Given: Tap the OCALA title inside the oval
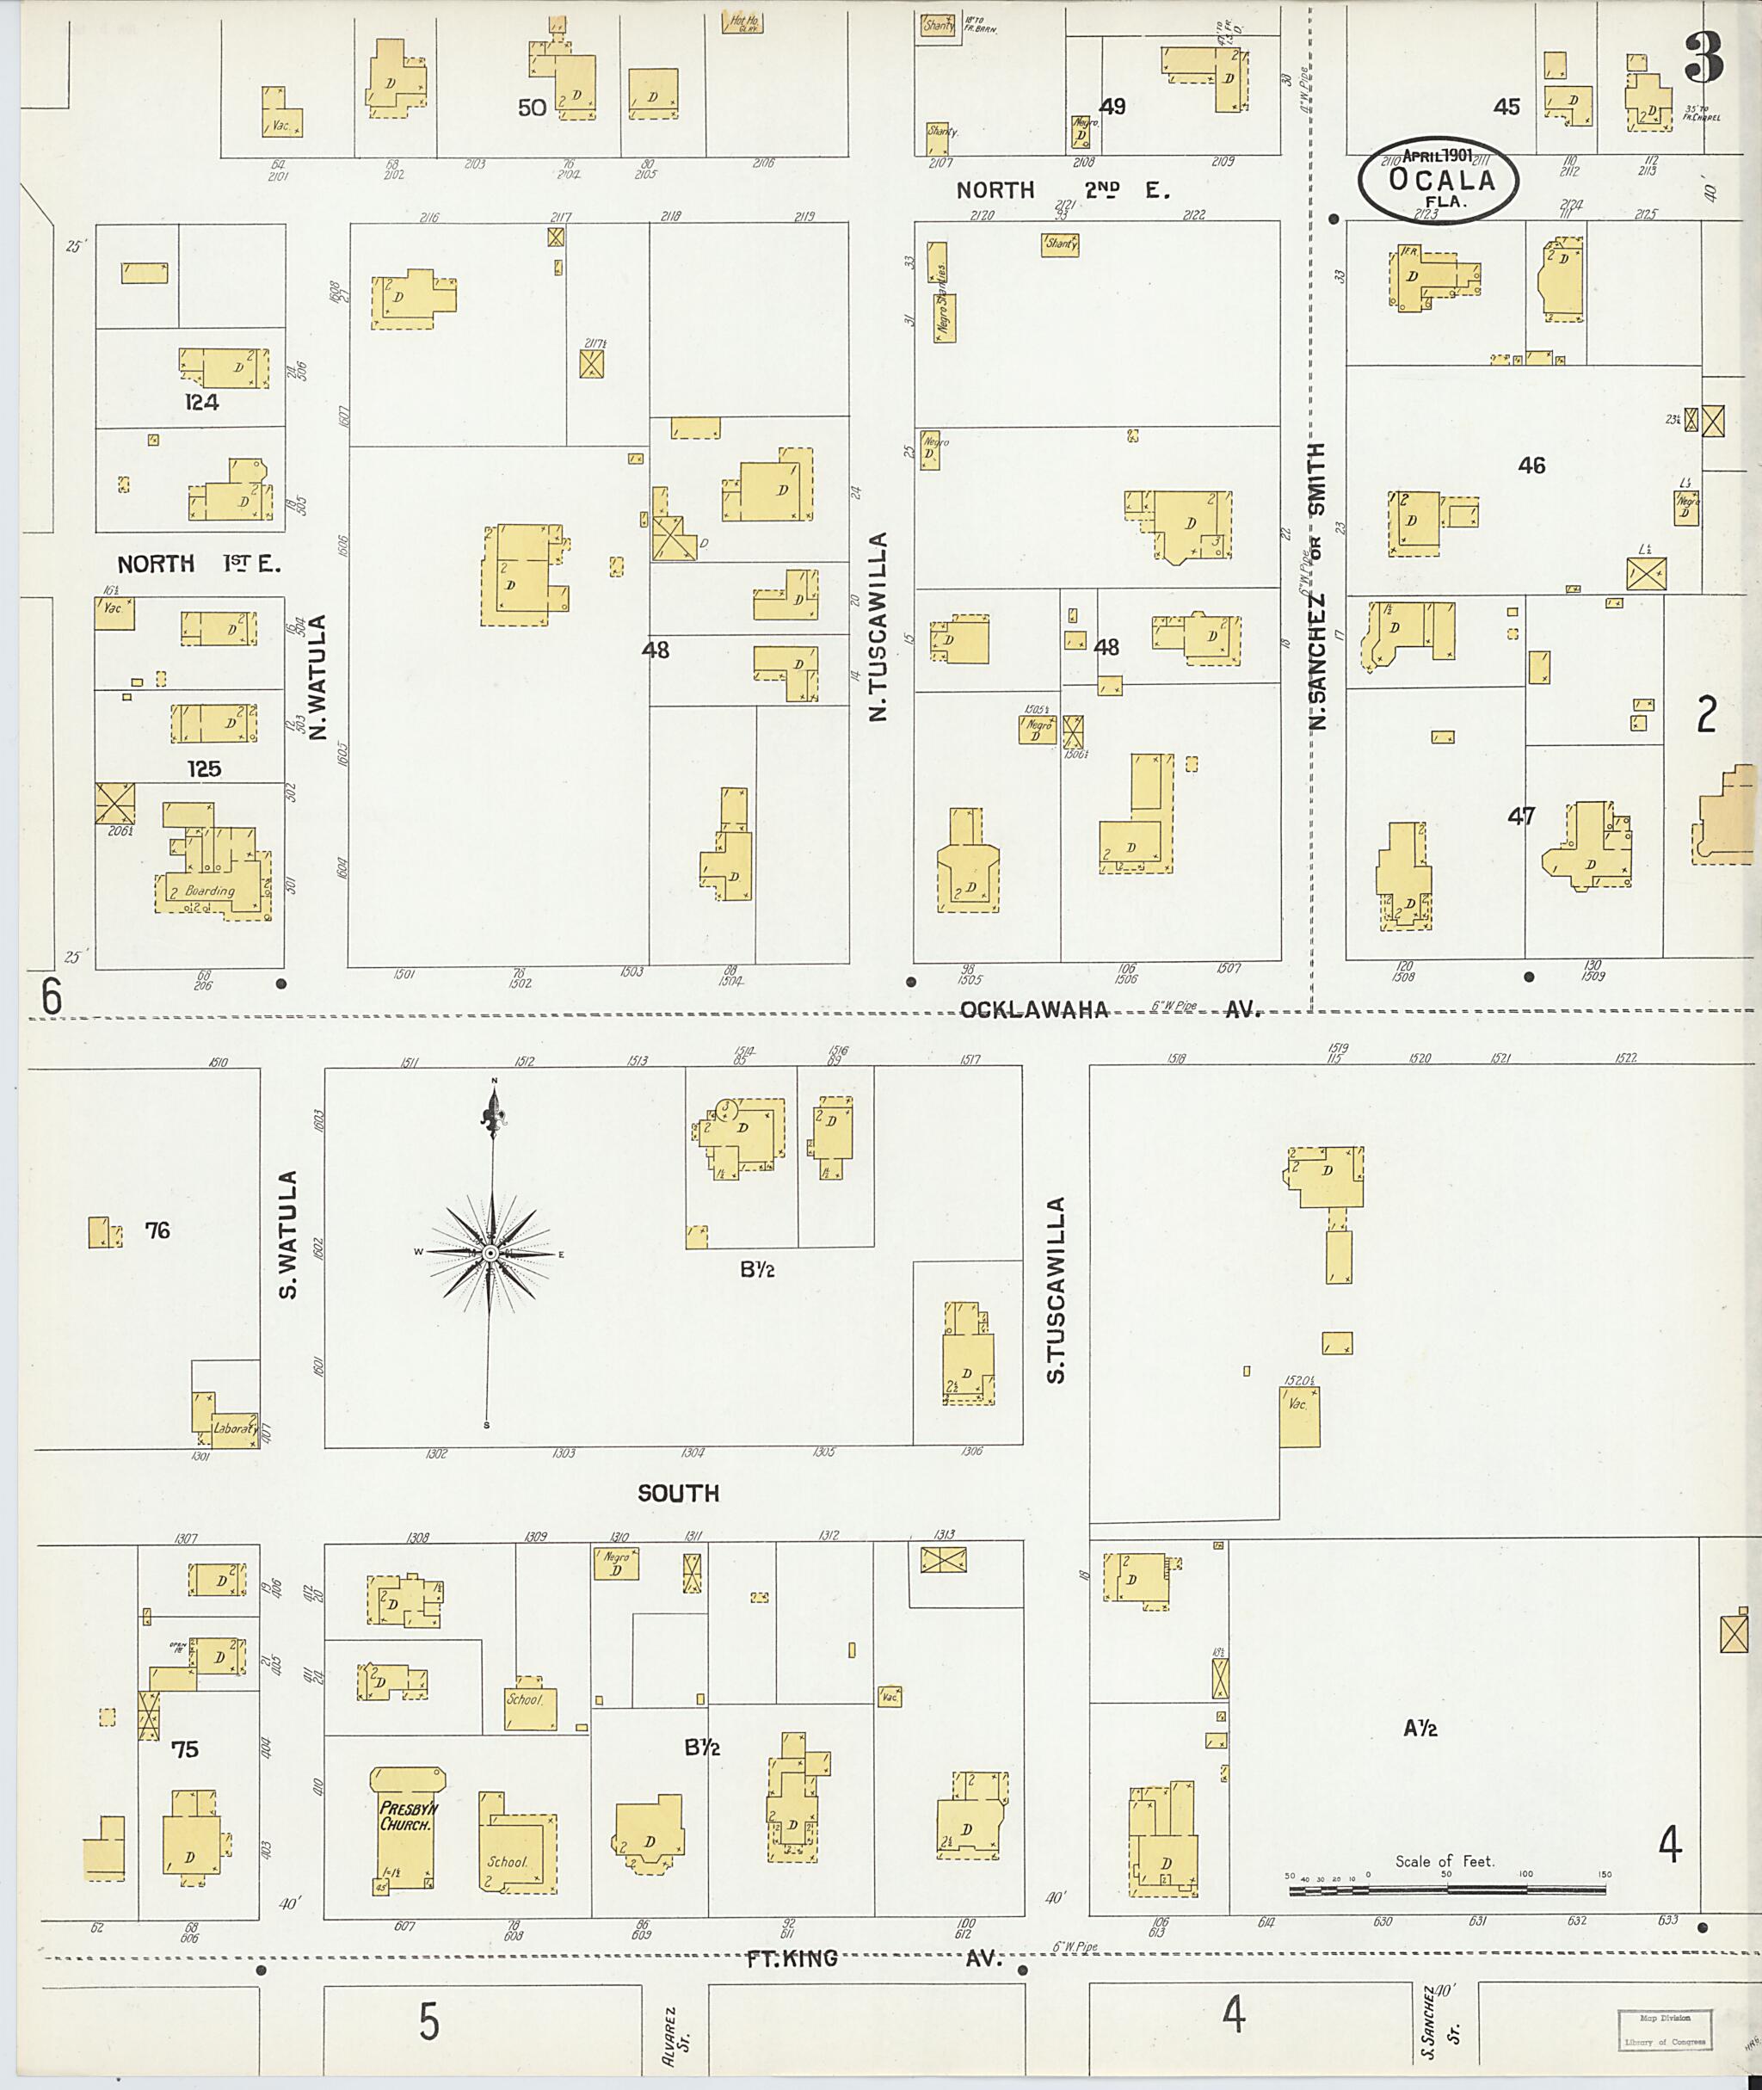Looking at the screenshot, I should click(1441, 181).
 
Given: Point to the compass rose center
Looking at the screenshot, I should click(490, 1253).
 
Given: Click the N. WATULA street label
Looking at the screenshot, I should click(320, 676).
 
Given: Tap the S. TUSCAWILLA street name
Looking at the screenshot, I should click(1057, 1290).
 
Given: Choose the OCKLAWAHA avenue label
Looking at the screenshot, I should click(1034, 1010).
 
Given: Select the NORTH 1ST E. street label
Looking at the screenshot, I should click(200, 564).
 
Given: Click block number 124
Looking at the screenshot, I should click(202, 403).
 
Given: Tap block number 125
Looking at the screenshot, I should click(204, 769).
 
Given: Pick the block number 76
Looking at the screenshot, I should click(157, 1230).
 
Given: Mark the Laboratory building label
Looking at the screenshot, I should click(236, 1428).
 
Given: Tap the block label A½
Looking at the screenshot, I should click(1420, 1729).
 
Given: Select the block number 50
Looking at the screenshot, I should click(532, 107).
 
